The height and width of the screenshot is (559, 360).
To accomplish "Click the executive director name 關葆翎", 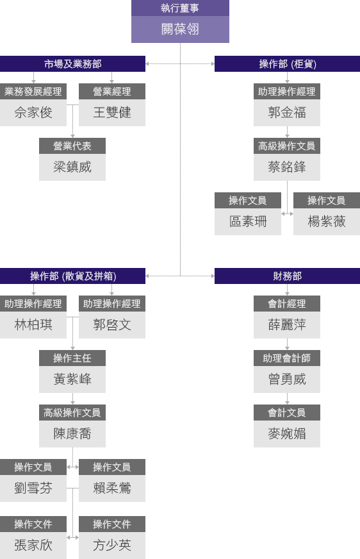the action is click(x=180, y=29).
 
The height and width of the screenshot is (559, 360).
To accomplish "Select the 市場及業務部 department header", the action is click(x=72, y=64).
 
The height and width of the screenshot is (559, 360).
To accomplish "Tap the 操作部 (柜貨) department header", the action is click(x=287, y=64).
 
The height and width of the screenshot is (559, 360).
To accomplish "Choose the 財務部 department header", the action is click(x=287, y=276).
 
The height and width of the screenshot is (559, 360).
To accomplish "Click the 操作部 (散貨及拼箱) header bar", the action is click(x=72, y=276).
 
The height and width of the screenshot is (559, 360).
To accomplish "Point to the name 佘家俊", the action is click(x=33, y=113).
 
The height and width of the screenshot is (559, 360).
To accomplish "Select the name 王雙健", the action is click(x=112, y=113).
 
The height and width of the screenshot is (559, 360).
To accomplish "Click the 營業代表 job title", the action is click(x=72, y=146).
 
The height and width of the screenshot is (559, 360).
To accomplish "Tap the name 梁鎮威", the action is click(x=72, y=167).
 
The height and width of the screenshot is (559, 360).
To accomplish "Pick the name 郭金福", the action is click(x=287, y=113).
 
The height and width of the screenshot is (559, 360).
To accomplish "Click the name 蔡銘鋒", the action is click(x=287, y=167).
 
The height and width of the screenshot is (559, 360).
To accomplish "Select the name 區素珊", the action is click(x=248, y=222).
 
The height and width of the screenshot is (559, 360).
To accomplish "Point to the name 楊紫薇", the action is click(x=327, y=222).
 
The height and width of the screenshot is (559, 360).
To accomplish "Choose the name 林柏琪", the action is click(x=33, y=325).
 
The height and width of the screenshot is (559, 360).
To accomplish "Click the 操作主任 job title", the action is click(x=72, y=358).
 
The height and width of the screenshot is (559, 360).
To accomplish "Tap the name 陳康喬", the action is click(x=72, y=434).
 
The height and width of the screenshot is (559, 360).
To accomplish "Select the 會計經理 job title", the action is click(x=287, y=303).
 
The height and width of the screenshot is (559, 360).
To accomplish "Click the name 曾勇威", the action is click(x=287, y=380).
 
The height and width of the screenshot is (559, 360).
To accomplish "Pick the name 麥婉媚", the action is click(x=287, y=434).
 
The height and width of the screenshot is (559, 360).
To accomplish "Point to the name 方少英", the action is click(x=112, y=545).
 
